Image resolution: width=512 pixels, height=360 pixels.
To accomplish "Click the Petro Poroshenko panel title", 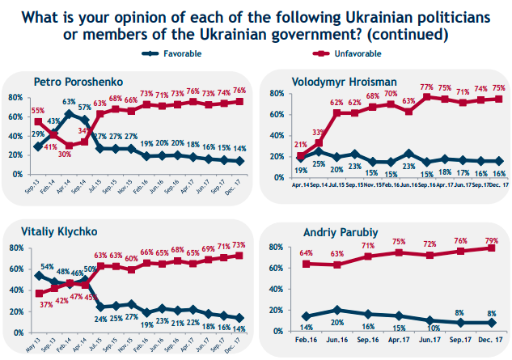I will pos(72,82).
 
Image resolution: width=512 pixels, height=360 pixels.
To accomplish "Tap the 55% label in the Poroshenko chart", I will pos(37,110).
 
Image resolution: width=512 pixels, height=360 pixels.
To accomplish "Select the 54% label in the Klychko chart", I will pos(48,266).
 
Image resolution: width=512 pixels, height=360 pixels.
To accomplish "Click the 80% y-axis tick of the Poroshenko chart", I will pos(14,98).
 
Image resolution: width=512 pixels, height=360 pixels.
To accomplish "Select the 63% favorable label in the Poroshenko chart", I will pos(69,103).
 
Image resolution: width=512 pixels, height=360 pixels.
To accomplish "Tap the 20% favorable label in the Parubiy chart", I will pos(339,322).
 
